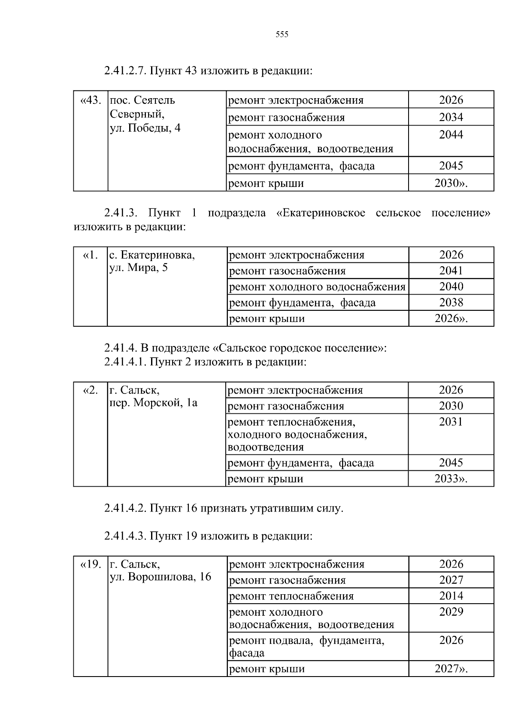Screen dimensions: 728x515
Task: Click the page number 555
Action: (282, 35)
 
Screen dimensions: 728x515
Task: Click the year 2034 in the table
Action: (451, 117)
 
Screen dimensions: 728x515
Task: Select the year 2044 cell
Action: (451, 135)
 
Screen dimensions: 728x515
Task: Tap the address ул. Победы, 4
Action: (145, 128)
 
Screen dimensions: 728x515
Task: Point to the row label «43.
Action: (91, 100)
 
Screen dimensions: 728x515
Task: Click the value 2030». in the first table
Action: (451, 183)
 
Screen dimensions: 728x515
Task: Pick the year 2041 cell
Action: (451, 271)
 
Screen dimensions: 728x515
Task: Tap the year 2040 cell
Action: (451, 286)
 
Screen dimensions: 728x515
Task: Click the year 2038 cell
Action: (451, 302)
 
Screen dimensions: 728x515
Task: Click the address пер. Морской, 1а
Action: (154, 403)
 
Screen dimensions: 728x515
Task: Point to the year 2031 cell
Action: (451, 422)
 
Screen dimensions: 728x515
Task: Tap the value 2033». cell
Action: (451, 478)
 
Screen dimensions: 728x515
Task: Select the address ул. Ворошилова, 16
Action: (161, 577)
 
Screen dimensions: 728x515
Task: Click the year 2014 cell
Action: (451, 596)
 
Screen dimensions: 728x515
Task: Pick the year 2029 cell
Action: (451, 612)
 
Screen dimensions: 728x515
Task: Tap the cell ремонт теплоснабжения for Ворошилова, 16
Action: (291, 596)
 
